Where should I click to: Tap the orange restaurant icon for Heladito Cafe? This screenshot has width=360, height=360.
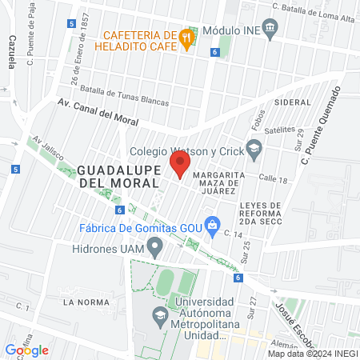pyautogui.click(x=187, y=37)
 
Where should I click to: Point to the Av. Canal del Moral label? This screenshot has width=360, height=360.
pyautogui.click(x=98, y=112)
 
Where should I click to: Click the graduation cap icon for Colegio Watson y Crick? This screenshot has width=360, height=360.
pyautogui.click(x=254, y=147)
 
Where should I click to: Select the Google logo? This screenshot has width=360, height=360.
pyautogui.click(x=27, y=350)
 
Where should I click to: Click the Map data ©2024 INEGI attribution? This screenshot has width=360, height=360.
pyautogui.click(x=313, y=354)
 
